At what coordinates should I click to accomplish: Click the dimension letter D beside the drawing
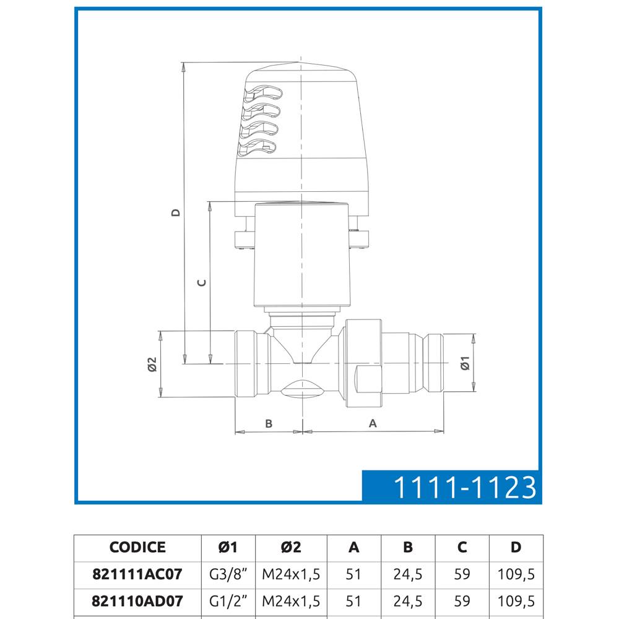click(176, 212)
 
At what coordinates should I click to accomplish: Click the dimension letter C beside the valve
click(202, 283)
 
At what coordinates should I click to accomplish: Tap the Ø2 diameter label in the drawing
click(152, 365)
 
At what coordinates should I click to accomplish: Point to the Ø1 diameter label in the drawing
click(465, 363)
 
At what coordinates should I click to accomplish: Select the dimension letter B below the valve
click(269, 423)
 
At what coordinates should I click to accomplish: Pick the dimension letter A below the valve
click(373, 423)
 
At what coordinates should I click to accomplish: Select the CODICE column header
click(137, 547)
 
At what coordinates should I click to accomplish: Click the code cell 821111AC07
click(137, 574)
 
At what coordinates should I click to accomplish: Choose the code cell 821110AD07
click(137, 601)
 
